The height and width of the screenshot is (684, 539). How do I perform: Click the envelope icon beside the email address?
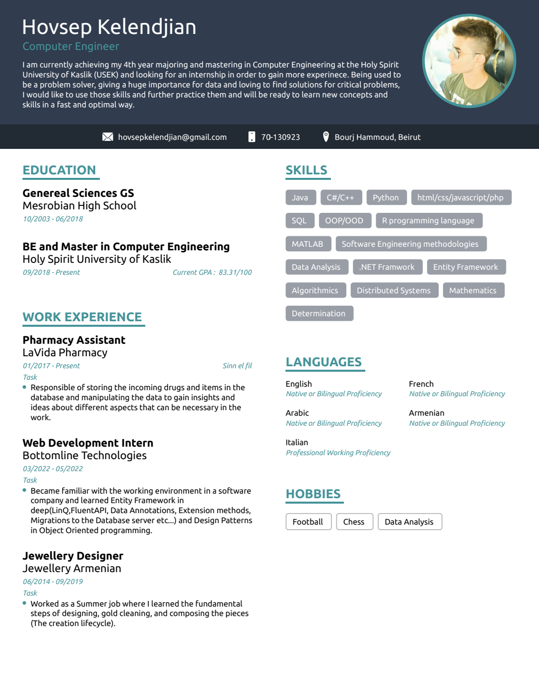tap(108, 137)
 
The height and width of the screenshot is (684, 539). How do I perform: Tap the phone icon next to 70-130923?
tap(252, 137)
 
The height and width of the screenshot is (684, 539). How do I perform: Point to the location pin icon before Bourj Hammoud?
tap(326, 136)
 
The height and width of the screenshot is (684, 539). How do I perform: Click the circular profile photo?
tap(469, 61)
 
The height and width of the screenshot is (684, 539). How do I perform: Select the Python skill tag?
tap(386, 197)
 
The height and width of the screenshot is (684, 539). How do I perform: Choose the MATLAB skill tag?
tap(307, 244)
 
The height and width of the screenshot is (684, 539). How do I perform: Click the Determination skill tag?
tap(319, 313)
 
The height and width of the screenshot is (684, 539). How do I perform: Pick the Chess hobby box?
tap(354, 522)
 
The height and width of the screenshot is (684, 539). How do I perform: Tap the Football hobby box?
tap(308, 522)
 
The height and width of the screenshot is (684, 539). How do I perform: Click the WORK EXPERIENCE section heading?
tap(82, 317)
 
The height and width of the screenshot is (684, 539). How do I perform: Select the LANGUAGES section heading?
tap(324, 362)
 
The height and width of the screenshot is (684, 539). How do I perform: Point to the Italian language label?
tap(297, 443)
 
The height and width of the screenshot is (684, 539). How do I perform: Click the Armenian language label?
tap(427, 413)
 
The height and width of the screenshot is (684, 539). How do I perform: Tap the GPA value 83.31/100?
tap(235, 272)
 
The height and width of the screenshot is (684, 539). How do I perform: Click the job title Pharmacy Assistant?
tap(74, 340)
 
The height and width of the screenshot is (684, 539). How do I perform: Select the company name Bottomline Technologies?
tap(84, 456)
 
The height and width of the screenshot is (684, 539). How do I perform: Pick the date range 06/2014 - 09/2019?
tap(53, 582)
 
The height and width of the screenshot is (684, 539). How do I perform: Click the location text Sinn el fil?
tap(237, 366)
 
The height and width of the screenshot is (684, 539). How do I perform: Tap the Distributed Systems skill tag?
tap(394, 290)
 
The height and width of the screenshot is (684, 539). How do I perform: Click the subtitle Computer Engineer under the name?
tap(71, 46)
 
